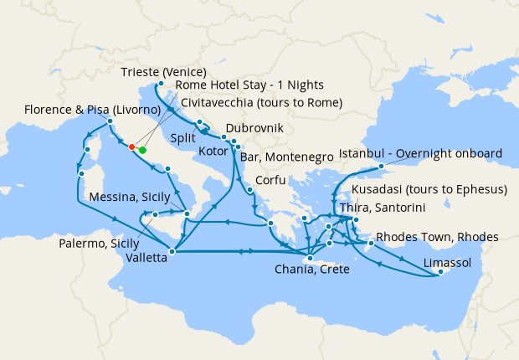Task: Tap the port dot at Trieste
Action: [161, 84]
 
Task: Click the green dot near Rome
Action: [141, 150]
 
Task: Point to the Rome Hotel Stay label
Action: [249, 85]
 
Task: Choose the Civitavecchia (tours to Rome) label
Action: [261, 103]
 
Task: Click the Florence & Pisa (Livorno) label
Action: [92, 110]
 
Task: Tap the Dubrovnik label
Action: [254, 128]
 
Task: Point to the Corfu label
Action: [273, 180]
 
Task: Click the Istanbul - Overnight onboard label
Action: [420, 153]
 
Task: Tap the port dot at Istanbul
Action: [381, 166]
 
